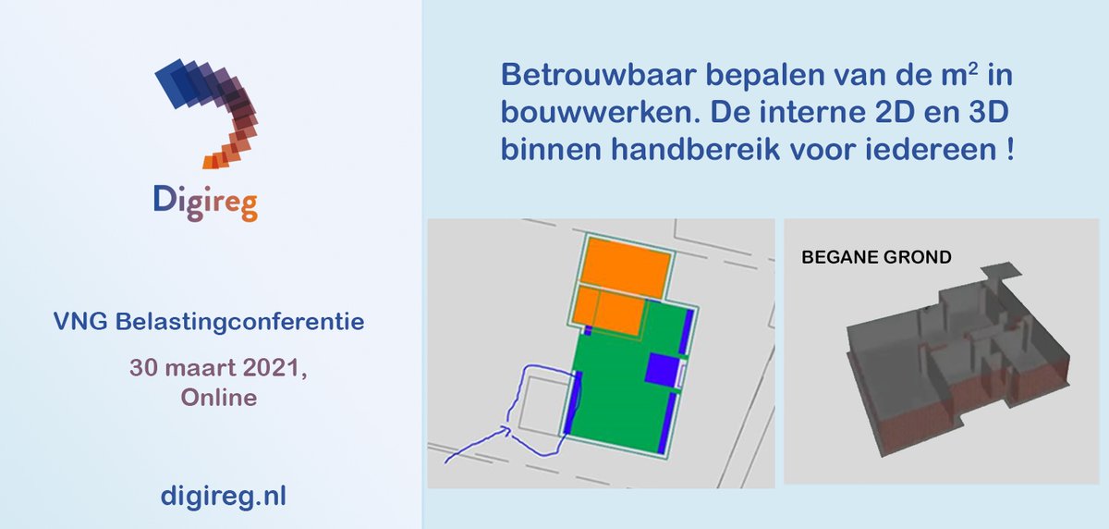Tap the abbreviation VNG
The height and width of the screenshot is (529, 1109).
75,323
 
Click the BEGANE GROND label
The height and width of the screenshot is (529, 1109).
875,257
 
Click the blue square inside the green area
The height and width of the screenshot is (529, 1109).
662,369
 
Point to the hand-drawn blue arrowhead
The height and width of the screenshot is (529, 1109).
506,429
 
